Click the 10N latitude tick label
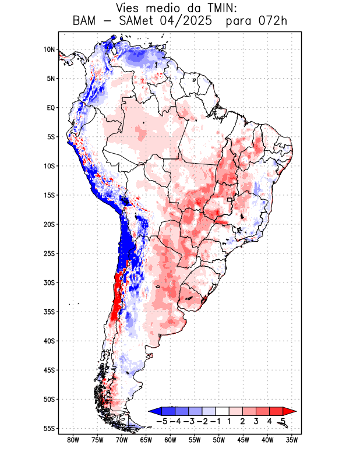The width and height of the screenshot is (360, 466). [x=49, y=50]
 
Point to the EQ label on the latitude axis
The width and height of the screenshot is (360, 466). [x=51, y=108]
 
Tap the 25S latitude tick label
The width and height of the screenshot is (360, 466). [x=49, y=253]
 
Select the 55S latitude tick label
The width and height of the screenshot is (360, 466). [x=49, y=428]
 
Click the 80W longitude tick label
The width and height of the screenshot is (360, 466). [x=73, y=440]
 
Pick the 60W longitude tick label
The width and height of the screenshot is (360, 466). [x=170, y=440]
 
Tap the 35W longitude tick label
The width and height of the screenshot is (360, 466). [x=292, y=440]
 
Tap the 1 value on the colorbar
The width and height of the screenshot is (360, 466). [x=230, y=421]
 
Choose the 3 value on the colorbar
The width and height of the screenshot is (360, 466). [x=256, y=421]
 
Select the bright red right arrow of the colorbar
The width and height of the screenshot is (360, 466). [x=290, y=411]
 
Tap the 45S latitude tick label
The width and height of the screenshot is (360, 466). [x=49, y=370]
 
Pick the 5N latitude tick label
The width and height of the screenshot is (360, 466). [x=51, y=79]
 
